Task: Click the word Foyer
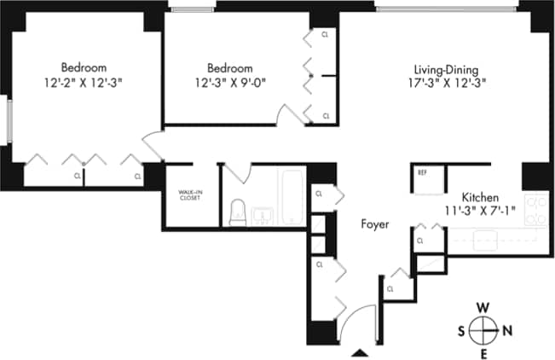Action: point(374,225)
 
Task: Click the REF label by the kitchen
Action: point(421,172)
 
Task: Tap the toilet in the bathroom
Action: point(238,212)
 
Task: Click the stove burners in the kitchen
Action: point(536,211)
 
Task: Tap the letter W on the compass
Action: point(483,307)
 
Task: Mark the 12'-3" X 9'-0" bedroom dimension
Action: point(230,83)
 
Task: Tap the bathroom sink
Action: point(263,214)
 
